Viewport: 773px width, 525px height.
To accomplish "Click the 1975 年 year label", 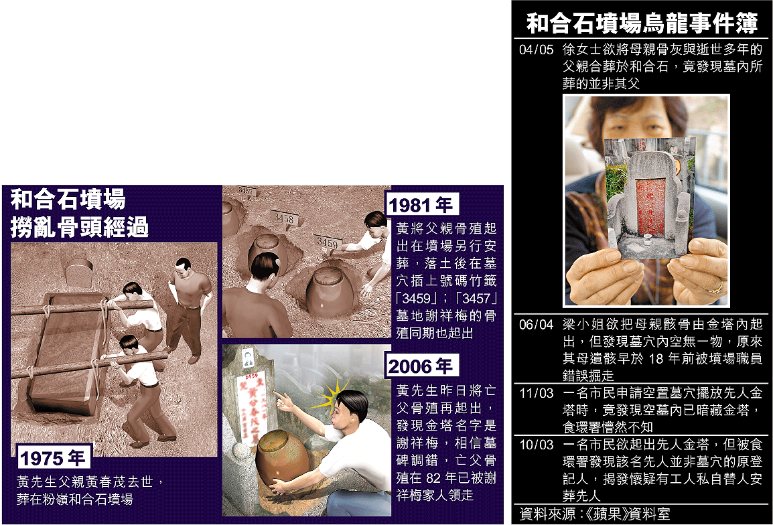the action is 52,458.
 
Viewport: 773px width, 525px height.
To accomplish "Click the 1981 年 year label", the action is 421,205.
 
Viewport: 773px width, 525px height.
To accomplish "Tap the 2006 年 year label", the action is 421,366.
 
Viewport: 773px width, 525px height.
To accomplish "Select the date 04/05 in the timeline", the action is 537,50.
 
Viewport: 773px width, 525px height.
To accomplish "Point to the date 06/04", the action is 537,324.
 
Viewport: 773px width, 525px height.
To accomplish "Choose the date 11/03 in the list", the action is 537,393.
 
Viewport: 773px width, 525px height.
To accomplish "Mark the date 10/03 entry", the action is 537,445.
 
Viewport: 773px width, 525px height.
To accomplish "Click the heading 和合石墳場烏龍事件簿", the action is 642,23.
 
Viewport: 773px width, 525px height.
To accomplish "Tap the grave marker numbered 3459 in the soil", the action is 327,243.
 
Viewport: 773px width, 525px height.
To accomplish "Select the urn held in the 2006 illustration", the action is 283,457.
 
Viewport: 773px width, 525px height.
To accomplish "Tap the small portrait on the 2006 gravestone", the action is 248,358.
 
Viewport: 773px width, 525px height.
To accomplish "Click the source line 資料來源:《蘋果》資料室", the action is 595,514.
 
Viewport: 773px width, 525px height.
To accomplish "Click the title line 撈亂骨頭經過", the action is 79,227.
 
